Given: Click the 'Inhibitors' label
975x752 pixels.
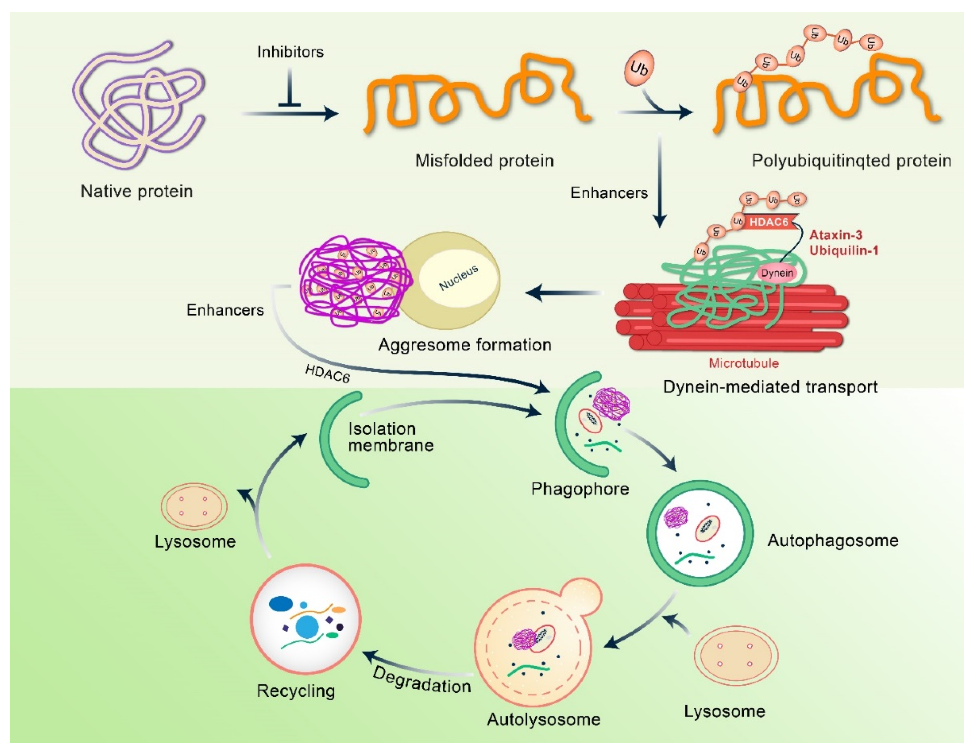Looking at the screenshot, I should coord(290,52).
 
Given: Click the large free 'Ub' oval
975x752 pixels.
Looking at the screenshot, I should coord(639,68).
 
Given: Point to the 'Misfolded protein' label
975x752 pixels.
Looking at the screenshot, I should coord(484,160).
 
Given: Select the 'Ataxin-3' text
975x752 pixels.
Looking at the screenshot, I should coord(836,235).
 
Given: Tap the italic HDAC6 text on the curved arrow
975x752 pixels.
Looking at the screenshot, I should coord(327,373).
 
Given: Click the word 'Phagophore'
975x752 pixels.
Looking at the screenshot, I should coord(579,489).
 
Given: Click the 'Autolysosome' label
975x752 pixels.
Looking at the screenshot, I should coord(543,719).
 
